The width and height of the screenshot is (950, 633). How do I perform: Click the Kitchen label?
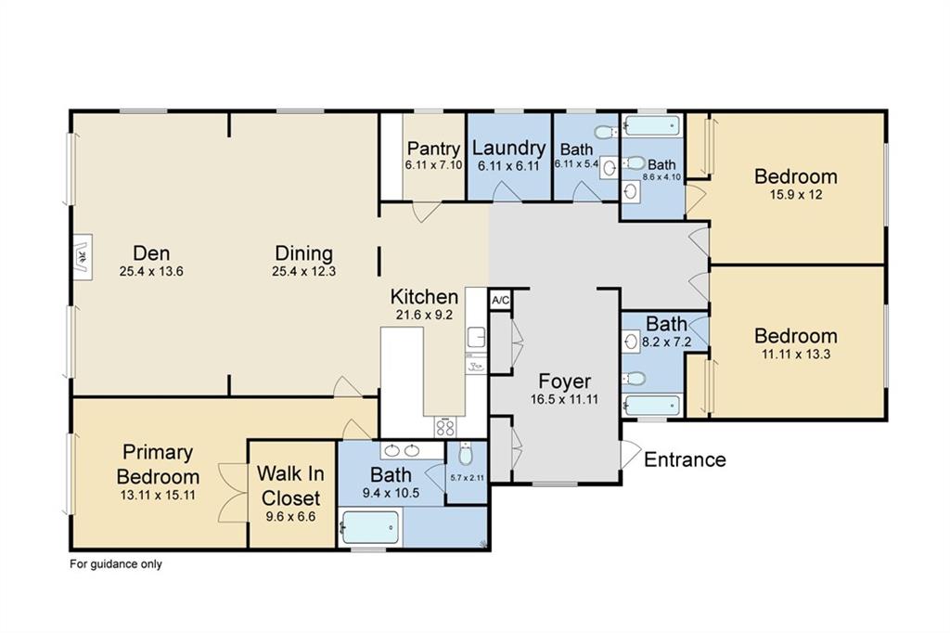424,297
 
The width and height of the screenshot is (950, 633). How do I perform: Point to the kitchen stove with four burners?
445,427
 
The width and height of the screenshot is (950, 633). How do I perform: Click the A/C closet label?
500,300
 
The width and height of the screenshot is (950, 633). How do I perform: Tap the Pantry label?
433,149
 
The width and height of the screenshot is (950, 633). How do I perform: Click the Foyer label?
564,381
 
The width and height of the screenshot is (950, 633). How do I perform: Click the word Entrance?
685,459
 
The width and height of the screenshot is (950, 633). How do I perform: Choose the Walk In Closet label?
289,484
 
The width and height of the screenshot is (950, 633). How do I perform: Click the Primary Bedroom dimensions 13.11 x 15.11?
158,494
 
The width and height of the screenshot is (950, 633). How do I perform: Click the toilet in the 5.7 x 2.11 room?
466,454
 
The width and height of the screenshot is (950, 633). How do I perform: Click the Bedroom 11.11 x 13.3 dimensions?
795,354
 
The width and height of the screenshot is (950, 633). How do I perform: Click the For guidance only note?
116,563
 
